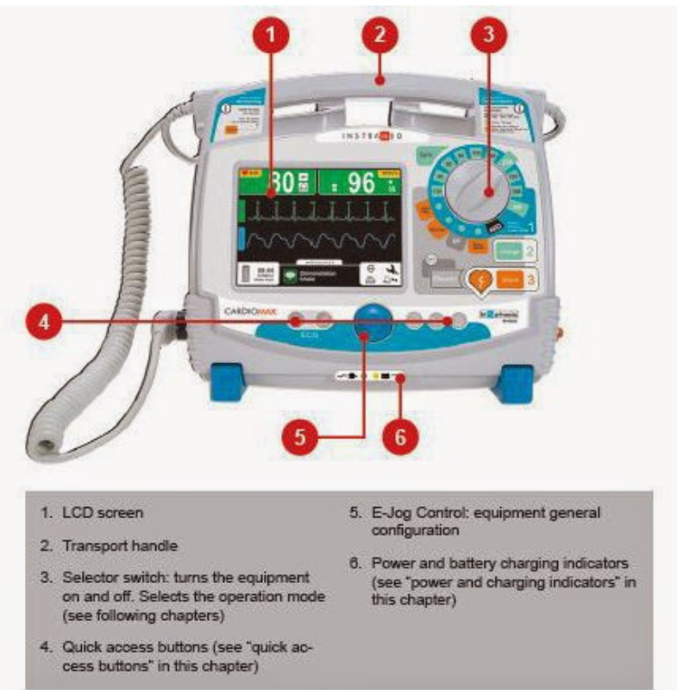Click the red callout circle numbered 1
coord(270,37)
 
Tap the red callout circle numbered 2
coord(379,36)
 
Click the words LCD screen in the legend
coord(103,512)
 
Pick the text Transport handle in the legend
coord(121,545)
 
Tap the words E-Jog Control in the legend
coord(415,512)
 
